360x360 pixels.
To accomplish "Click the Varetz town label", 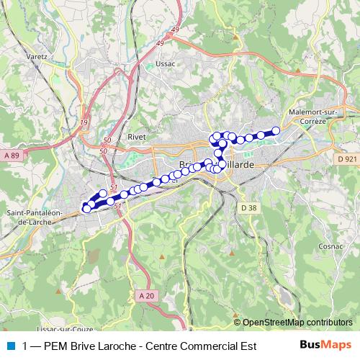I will pos(36,55).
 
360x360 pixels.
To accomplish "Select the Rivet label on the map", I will pos(136,136).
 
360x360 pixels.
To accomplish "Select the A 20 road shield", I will pos(145,295).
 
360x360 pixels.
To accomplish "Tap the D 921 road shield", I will pos(346,158).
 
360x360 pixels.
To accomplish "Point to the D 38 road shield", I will pos(249,208).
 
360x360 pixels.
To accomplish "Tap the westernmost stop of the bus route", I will pos(86,209).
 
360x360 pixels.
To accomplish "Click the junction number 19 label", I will pos(84,122).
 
